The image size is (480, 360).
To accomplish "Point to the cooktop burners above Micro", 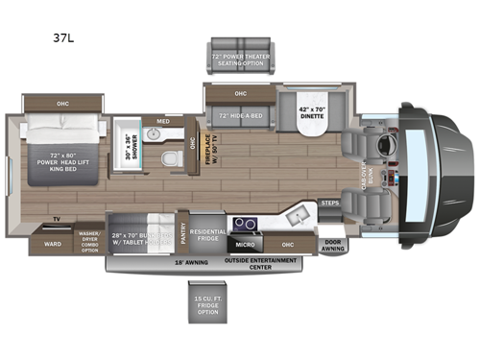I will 246,225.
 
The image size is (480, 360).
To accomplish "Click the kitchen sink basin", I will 300,219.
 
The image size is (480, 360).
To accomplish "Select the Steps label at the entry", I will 329,204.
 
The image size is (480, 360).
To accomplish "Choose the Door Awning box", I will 332,245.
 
